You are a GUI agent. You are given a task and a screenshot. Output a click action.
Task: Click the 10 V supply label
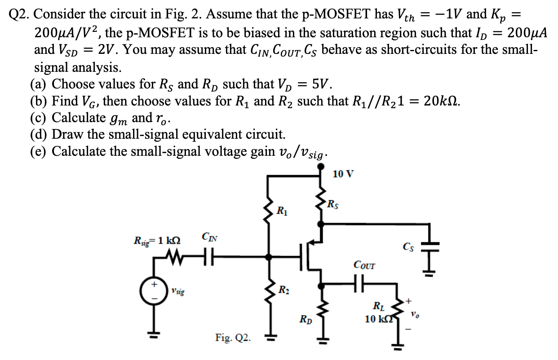click(x=344, y=174)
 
